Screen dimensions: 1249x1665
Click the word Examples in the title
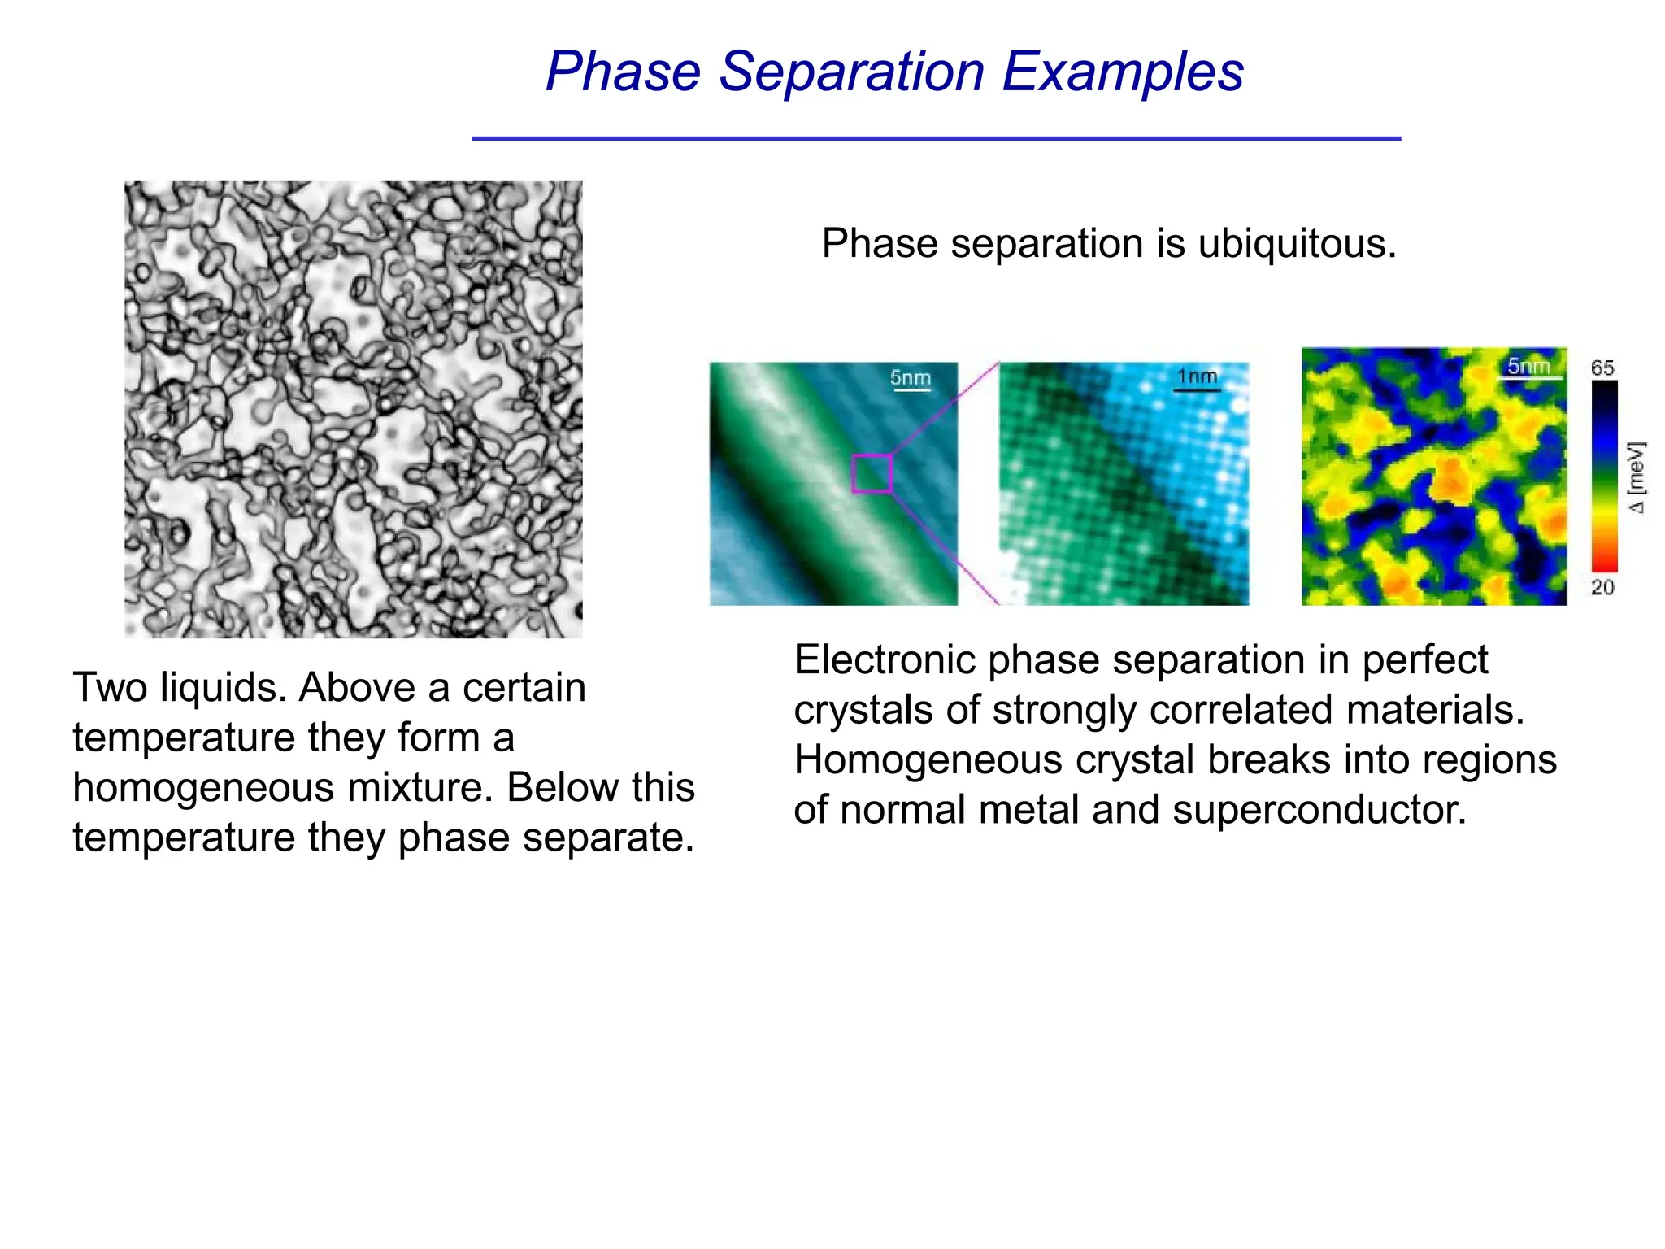pos(1122,72)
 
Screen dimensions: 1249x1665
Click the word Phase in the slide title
pos(623,72)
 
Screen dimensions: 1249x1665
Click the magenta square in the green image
pos(872,473)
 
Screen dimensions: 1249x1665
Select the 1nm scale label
pos(1197,376)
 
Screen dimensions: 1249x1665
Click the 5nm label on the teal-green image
pos(910,378)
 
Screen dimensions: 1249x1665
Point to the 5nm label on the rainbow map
pos(1528,366)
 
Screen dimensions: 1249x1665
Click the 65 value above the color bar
pos(1602,368)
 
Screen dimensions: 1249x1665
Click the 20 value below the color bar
pos(1602,587)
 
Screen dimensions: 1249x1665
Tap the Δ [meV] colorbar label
pos(1637,477)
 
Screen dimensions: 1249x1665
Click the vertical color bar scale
pos(1604,477)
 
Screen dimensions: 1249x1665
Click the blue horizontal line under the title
pos(936,139)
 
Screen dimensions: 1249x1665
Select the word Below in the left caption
pos(562,788)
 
